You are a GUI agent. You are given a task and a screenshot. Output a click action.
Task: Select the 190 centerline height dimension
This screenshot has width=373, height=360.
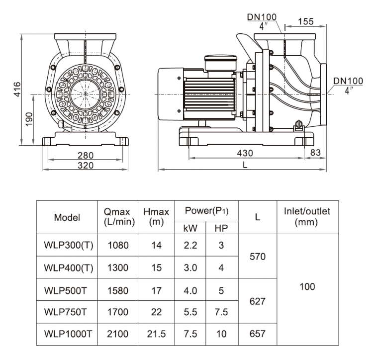tap(29, 119)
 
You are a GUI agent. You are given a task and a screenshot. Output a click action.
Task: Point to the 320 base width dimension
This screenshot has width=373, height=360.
tap(86, 165)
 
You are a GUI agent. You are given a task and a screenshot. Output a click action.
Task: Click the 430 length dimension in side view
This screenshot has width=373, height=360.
tap(244, 153)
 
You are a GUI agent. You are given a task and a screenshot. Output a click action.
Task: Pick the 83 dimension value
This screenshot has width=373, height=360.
tap(315, 153)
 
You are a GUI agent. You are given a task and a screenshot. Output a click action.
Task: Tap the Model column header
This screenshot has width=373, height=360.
tap(67, 217)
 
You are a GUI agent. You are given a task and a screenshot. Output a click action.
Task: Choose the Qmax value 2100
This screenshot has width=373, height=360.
tap(118, 334)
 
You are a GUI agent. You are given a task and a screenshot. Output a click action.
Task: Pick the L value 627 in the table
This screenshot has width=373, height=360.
tap(258, 301)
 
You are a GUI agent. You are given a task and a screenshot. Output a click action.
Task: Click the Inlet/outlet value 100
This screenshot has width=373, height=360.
tap(307, 286)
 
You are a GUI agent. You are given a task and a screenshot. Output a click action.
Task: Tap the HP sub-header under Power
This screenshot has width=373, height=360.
tap(221, 229)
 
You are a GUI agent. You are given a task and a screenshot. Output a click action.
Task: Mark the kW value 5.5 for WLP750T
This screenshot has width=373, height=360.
tap(190, 312)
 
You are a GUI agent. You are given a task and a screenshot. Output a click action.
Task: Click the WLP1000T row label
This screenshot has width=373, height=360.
tap(68, 334)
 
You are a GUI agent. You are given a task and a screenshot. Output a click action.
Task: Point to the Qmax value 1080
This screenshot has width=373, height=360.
tap(118, 245)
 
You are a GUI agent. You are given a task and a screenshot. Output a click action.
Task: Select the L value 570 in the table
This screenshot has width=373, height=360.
tap(258, 257)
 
